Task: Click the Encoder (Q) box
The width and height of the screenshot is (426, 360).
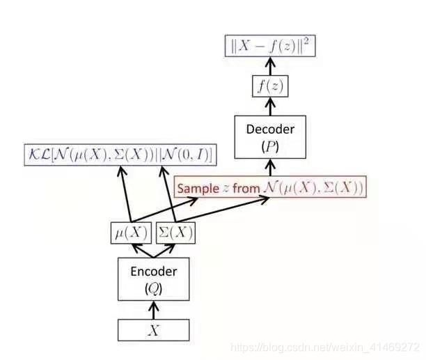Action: click(x=154, y=279)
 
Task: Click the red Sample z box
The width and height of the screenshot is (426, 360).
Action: click(x=269, y=188)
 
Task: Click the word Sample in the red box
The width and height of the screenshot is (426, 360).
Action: click(x=199, y=189)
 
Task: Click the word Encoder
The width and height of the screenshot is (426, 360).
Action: click(x=154, y=270)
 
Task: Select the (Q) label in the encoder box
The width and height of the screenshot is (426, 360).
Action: click(x=154, y=286)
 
